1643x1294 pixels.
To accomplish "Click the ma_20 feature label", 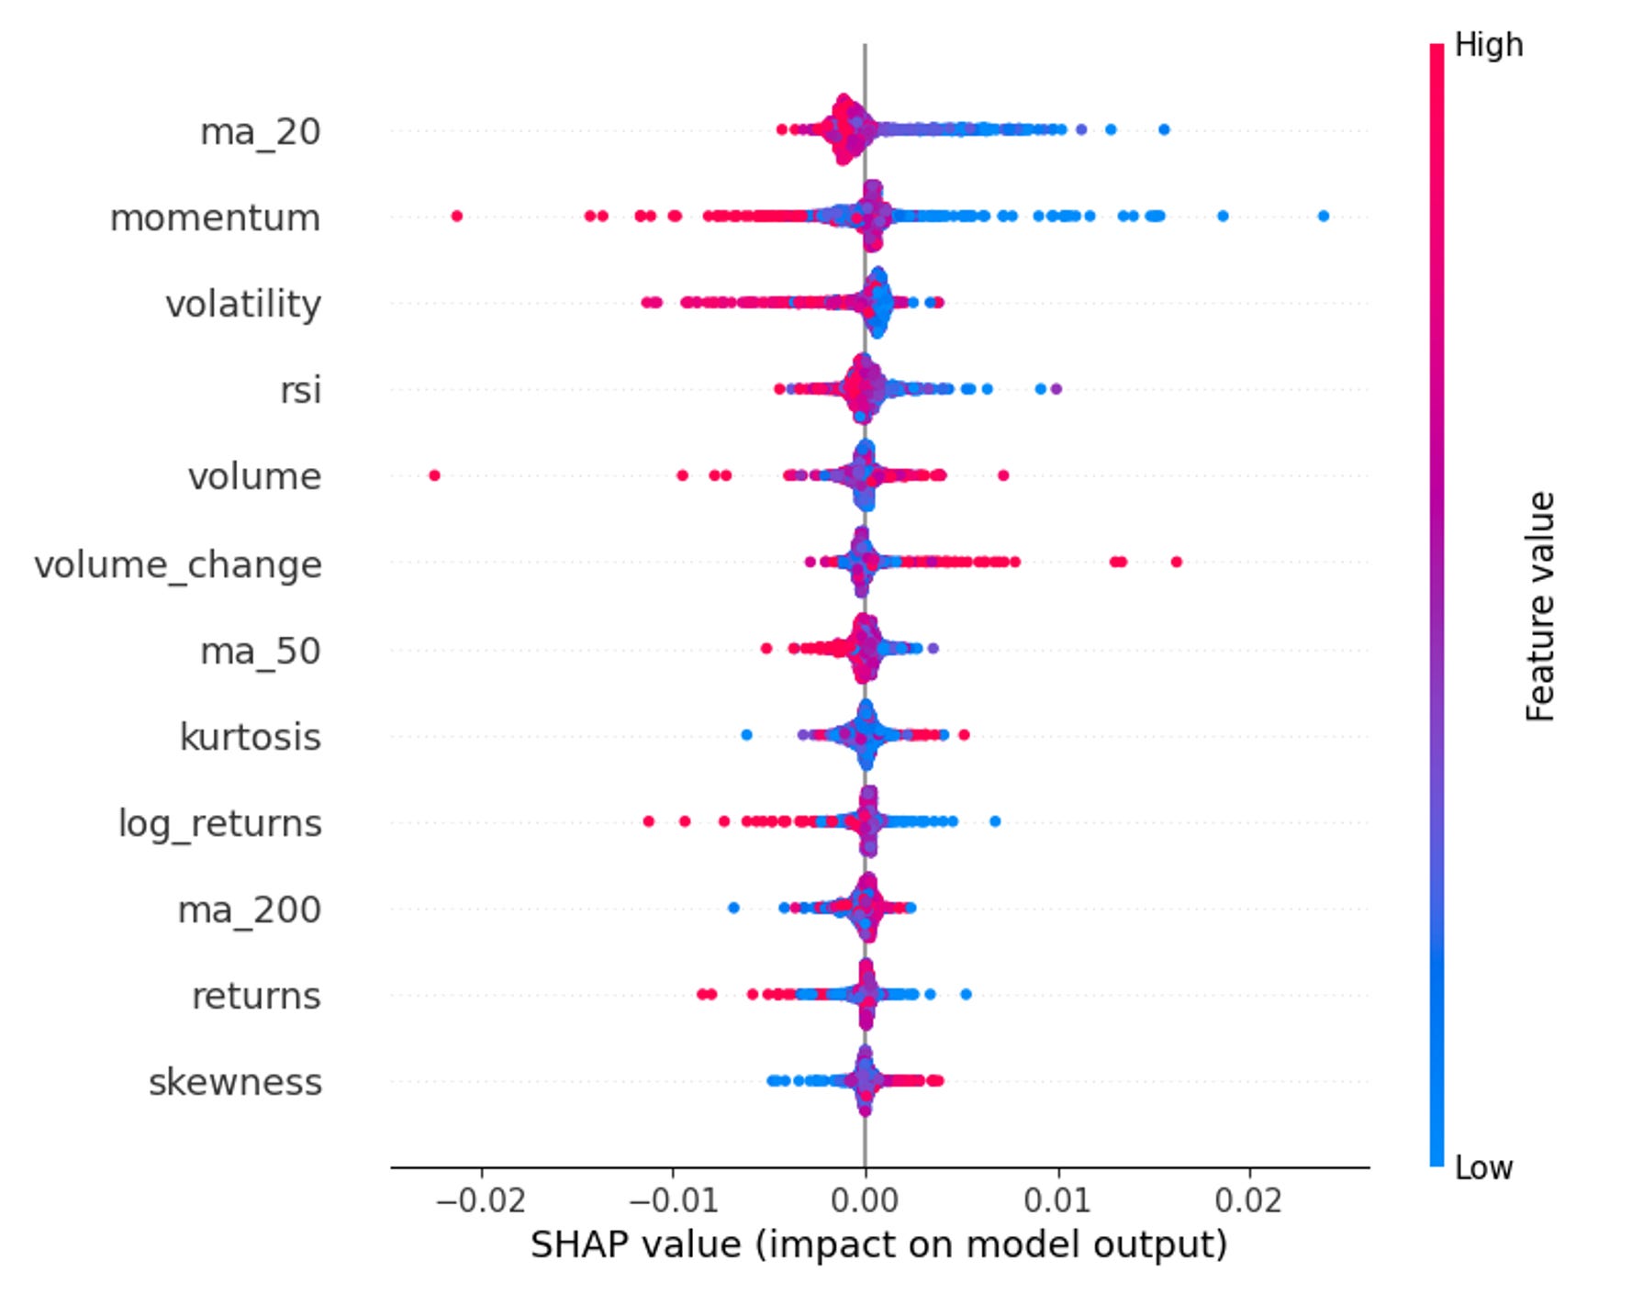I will pos(261,132).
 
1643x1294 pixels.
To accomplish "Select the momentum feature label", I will pos(216,218).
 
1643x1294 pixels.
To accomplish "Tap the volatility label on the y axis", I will pos(243,304).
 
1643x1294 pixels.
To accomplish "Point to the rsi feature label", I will pos(301,390).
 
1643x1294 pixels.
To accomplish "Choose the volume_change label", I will pos(178,564).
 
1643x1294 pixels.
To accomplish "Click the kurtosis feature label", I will pos(250,737).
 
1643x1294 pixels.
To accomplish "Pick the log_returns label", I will pos(220,823).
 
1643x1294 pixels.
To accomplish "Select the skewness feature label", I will pos(235,1082).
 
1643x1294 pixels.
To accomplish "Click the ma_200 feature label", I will pos(249,910).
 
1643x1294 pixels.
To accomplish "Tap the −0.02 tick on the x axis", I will pos(481,1199).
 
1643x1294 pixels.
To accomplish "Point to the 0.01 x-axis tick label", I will pos(1058,1199).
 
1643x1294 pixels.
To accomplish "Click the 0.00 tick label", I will pos(865,1199).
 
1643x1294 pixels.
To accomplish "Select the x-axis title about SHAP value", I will pos(878,1245).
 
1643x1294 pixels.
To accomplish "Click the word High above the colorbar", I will pos(1489,45).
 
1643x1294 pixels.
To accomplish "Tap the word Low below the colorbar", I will pos(1483,1168).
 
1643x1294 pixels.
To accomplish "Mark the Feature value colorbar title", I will pos(1541,607).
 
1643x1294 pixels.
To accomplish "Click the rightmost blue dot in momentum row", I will pos(1323,217).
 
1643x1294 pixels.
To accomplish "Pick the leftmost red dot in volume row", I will pos(434,475).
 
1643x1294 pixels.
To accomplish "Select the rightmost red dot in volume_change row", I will pos(1177,562).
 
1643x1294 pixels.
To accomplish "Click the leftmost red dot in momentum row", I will pos(456,217).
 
